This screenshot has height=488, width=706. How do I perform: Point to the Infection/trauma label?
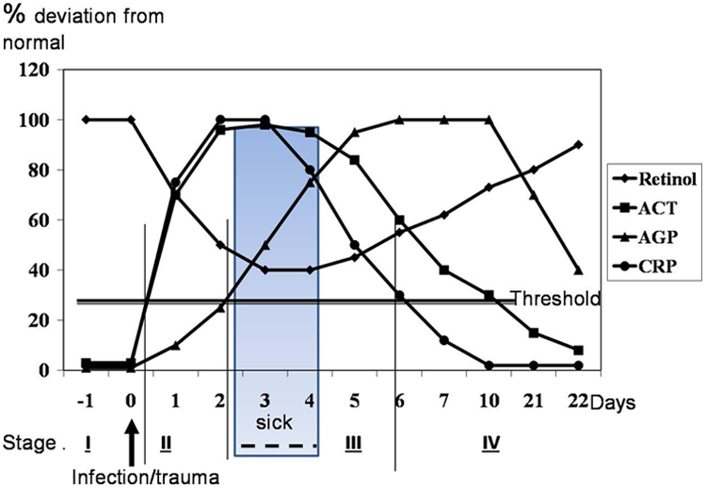pyautogui.click(x=146, y=478)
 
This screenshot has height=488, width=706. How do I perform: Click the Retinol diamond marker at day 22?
pyautogui.click(x=578, y=145)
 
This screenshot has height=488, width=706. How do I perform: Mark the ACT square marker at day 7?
pyautogui.click(x=444, y=270)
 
